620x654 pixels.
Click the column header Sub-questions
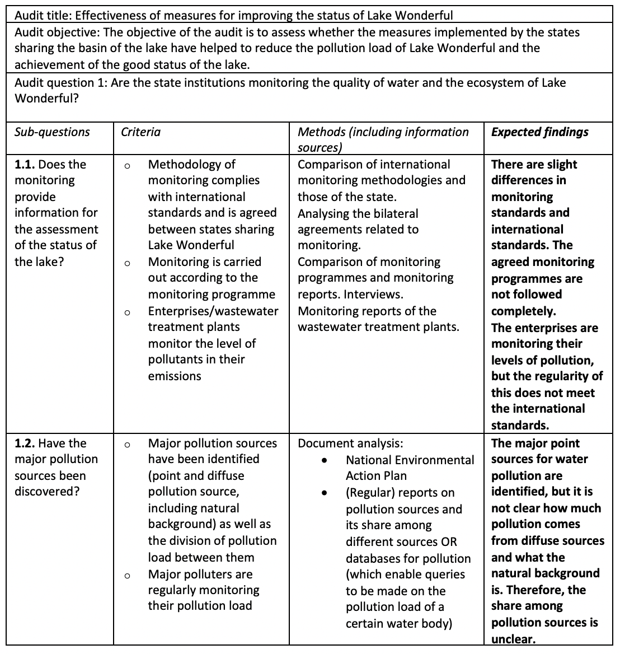52,132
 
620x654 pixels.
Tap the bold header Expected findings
539,132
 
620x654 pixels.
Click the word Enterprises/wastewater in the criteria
213,311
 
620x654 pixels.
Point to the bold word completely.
523,311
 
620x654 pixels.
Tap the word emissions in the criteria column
174,376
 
